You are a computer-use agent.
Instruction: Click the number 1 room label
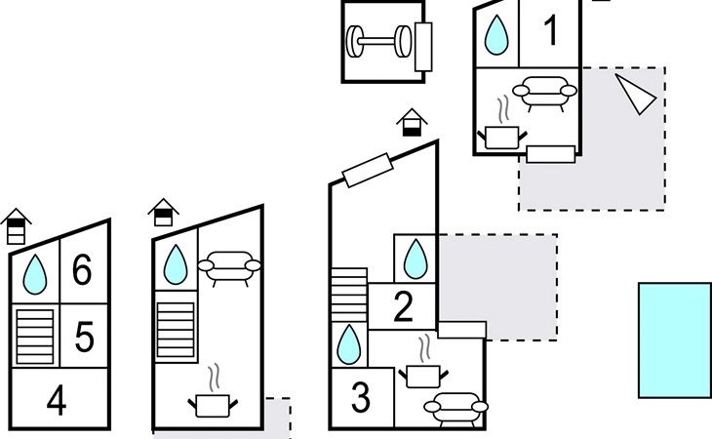point(551,31)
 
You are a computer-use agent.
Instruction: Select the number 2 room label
point(404,308)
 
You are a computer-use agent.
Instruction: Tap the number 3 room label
point(361,398)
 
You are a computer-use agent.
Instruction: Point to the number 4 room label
point(57,400)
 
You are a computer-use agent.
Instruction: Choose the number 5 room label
point(84,338)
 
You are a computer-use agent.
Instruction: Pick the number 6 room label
point(82,270)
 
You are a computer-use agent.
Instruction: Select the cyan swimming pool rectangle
point(674,339)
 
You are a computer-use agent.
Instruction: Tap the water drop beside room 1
point(497,36)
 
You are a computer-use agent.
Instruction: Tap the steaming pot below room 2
point(422,367)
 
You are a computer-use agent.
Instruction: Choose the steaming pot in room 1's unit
point(503,130)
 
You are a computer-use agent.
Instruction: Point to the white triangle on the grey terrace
point(635,92)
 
